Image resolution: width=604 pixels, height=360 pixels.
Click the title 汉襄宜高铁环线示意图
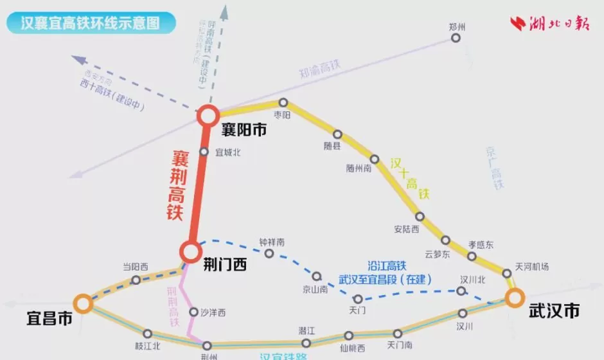pos(89,24)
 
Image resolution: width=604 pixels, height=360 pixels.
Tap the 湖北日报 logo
pos(550,24)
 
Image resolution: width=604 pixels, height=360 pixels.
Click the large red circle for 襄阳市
pos(208,116)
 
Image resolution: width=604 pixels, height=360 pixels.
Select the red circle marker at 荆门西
pos(191,252)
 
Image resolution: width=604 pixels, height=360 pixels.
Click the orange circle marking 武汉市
pos(514,298)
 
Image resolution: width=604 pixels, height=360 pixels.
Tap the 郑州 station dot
pos(456,38)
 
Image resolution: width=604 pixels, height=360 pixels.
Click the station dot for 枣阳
pos(283,103)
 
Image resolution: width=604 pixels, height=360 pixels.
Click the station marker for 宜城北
pos(204,152)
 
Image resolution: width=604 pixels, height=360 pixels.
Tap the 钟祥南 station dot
pos(269,253)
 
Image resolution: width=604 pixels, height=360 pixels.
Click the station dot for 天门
pos(358,299)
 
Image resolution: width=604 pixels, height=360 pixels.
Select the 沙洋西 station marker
pos(194,312)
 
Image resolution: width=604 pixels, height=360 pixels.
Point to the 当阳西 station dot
pos(136,280)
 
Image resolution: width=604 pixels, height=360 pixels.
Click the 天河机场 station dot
pos(507,274)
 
